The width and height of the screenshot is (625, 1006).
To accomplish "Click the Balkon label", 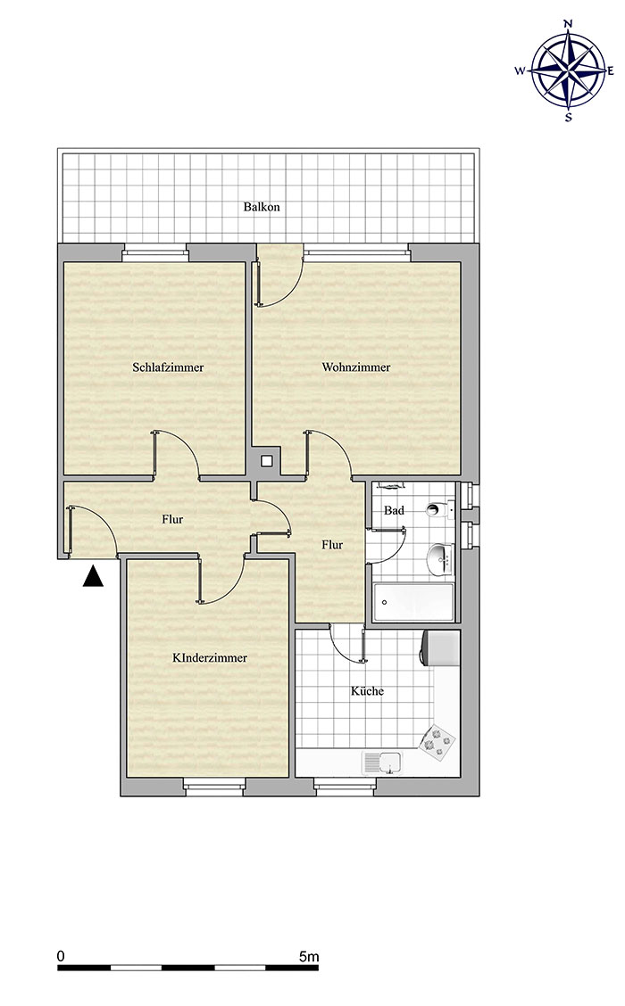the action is [262, 207].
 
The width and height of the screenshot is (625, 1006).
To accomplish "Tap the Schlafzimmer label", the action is [168, 367].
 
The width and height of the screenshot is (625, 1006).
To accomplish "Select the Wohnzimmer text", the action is [356, 367].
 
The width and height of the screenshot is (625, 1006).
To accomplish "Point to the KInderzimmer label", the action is [210, 657].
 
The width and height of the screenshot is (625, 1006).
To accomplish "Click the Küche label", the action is [368, 691].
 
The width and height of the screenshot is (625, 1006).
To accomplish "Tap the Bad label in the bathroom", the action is [394, 511].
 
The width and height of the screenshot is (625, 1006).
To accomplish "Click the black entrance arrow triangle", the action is [93, 576].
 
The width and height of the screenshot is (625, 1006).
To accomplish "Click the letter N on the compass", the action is [568, 24].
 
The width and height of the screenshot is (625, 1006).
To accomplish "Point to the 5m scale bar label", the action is [309, 957].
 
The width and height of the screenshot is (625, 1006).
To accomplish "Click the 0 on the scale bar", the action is [61, 957].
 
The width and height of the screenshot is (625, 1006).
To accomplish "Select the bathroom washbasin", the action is [440, 559].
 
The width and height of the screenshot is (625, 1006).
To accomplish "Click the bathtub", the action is [413, 603].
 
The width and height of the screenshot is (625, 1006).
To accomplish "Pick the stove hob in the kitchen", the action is [437, 742].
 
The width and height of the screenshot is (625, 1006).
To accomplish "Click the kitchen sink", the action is [381, 763].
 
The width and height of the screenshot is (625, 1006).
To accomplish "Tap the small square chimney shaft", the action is [266, 460].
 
